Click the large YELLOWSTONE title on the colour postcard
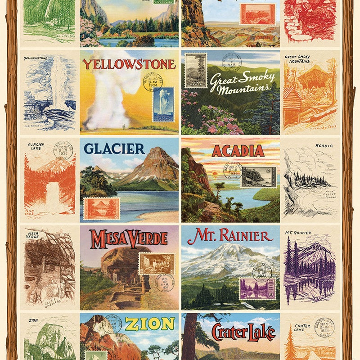pyautogui.click(x=129, y=64)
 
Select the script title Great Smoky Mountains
pyautogui.click(x=242, y=83)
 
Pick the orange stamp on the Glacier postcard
pyautogui.click(x=102, y=208)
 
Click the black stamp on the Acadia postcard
pyautogui.click(x=258, y=177)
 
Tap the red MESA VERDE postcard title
pyautogui.click(x=129, y=239)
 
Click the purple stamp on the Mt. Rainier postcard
pyautogui.click(x=257, y=288)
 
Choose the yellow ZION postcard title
pyautogui.click(x=150, y=324)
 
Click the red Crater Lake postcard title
pyautogui.click(x=243, y=332)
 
